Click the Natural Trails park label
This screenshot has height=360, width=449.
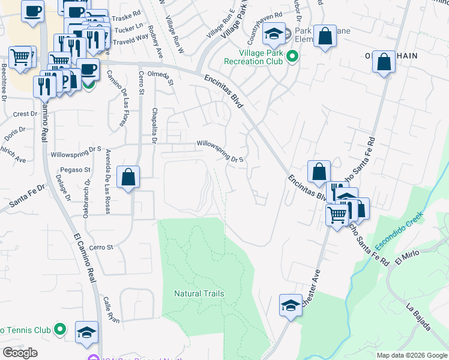[x=199, y=293]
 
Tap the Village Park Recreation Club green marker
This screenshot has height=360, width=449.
[x=292, y=56]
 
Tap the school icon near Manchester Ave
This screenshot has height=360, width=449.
[x=291, y=305]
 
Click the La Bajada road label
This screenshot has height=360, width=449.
[x=418, y=317]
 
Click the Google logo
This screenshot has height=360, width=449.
[x=20, y=353]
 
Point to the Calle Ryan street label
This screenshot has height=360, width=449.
[x=111, y=310]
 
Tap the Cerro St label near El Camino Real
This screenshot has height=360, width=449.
[x=101, y=247]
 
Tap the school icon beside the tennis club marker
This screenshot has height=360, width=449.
[x=86, y=332]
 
